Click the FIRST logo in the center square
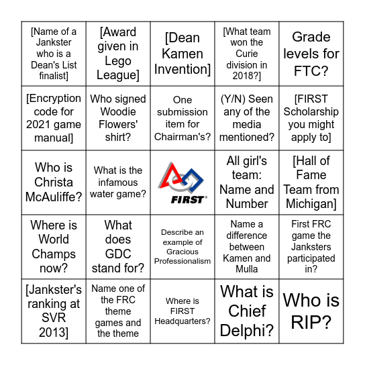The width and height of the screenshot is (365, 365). (182, 182)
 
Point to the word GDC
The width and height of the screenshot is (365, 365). (118, 254)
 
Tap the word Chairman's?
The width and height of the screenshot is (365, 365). (182, 137)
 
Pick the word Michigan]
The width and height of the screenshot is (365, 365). (311, 203)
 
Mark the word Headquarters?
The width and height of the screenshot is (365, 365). (182, 321)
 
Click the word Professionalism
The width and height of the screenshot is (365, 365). (182, 261)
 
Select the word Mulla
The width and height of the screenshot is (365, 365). (247, 269)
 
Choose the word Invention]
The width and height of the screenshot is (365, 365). (182, 69)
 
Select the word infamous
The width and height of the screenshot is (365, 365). (118, 182)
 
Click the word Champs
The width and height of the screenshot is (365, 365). (54, 254)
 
